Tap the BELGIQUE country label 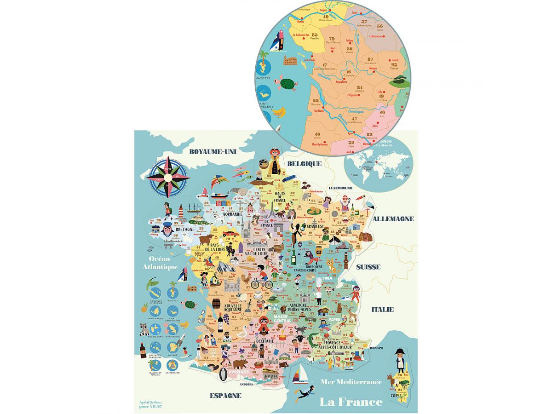tap(304, 164)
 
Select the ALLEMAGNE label tap(393, 219)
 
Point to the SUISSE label tap(368, 267)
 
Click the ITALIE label tap(382, 309)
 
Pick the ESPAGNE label tap(225, 396)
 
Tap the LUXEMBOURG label tap(340, 188)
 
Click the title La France tap(351, 402)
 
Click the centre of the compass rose tap(168, 176)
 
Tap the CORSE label tap(396, 394)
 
